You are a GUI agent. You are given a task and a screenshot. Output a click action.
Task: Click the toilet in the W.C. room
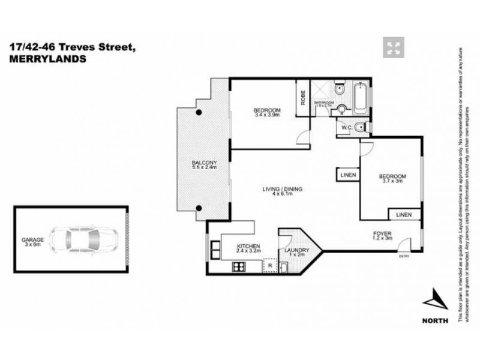coord(359,127)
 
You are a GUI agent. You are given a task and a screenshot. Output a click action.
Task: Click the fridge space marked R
coord(270,264)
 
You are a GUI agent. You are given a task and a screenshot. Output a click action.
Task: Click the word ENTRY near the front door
coord(403,257)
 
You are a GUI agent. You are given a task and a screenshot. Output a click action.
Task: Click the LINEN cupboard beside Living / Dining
coord(347,175)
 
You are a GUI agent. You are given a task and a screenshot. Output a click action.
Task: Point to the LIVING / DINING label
coord(282,190)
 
